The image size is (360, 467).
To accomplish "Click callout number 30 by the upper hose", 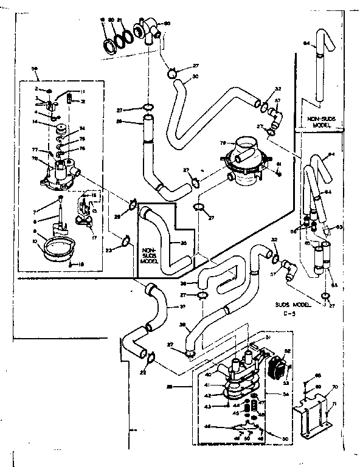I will [195, 77].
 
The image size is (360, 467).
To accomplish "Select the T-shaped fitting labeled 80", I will [149, 28].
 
